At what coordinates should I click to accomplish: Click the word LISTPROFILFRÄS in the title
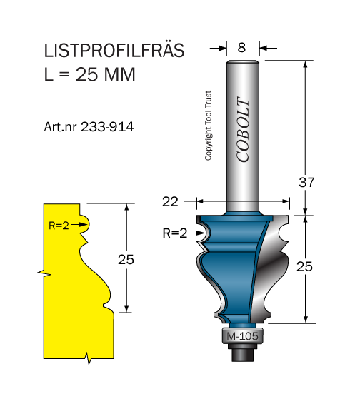click(x=114, y=50)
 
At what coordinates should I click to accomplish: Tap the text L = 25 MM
click(x=90, y=74)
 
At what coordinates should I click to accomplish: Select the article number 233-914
click(x=107, y=127)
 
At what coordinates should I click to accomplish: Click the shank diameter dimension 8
click(x=241, y=48)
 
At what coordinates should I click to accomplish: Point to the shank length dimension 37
click(x=306, y=183)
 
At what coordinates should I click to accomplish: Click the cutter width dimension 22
click(x=170, y=201)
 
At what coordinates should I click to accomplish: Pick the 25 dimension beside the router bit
click(x=304, y=266)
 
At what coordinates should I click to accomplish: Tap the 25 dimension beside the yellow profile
click(x=126, y=259)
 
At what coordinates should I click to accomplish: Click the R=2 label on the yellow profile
click(x=59, y=226)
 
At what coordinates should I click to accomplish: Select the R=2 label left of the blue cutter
click(x=175, y=233)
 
